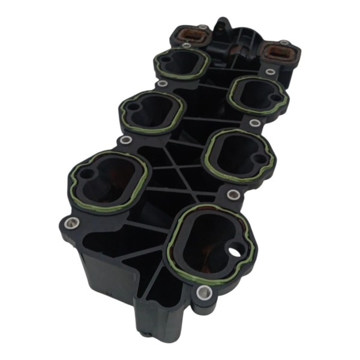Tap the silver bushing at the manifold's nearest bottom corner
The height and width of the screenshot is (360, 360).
(x=202, y=293)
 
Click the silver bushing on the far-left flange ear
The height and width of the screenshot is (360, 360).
(x=71, y=224)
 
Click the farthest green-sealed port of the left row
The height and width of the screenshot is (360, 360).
(x=181, y=62)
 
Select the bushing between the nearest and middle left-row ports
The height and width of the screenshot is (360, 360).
(x=125, y=140)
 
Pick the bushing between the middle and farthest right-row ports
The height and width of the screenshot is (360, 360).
(x=255, y=123)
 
